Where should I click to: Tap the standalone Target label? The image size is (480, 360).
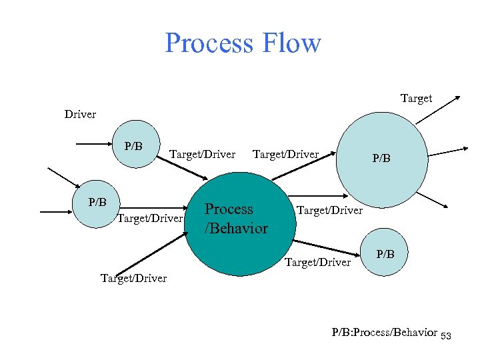point(416,99)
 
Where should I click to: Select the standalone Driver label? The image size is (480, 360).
point(80,114)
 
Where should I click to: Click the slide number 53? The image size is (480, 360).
point(446,337)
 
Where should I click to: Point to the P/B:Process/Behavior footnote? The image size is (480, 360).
point(385,332)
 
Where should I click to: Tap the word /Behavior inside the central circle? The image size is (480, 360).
point(236,229)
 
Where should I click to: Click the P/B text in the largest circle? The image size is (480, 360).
point(381,159)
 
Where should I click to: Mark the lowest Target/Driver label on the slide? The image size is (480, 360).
point(133,278)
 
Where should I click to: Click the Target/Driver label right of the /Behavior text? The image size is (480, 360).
point(329,211)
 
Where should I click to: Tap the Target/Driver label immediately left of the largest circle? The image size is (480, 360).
point(285,155)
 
